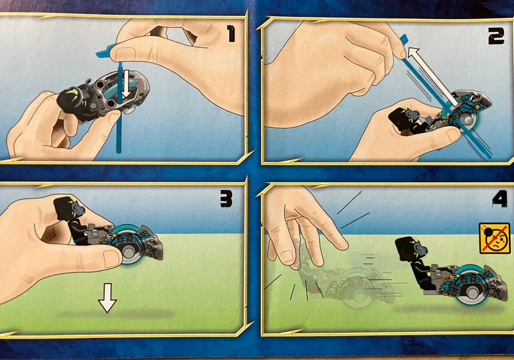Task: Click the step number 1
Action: point(231,34)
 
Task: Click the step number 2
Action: point(496,36)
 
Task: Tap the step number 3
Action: point(226,198)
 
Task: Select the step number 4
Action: point(500,199)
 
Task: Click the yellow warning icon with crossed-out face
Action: point(495,238)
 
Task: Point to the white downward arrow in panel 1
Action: point(126,84)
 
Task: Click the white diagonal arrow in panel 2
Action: point(433,76)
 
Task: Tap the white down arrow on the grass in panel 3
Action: point(107,298)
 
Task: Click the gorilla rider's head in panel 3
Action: point(69,208)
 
